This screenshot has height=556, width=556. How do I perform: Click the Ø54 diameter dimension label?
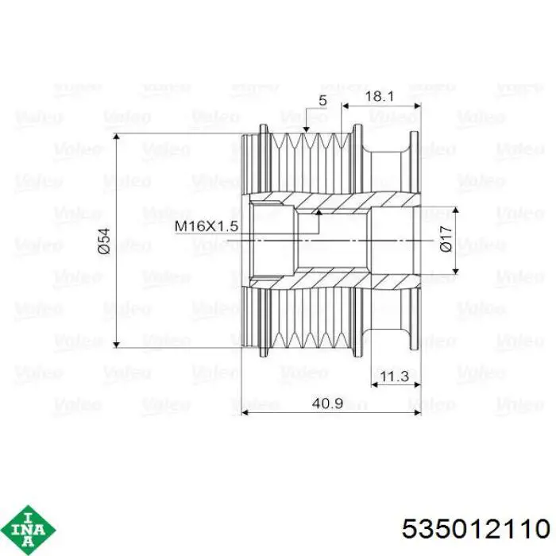104,241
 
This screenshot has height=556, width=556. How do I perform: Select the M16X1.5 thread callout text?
207,226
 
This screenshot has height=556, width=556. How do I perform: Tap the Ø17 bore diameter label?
446,238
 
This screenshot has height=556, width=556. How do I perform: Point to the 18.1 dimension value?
380,96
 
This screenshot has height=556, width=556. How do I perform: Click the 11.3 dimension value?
394,376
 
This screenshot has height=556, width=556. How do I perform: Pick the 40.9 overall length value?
327,403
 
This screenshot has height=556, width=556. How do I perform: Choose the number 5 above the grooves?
322,100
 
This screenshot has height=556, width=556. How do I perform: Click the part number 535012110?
476,529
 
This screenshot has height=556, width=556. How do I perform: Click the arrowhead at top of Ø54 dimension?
116,137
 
